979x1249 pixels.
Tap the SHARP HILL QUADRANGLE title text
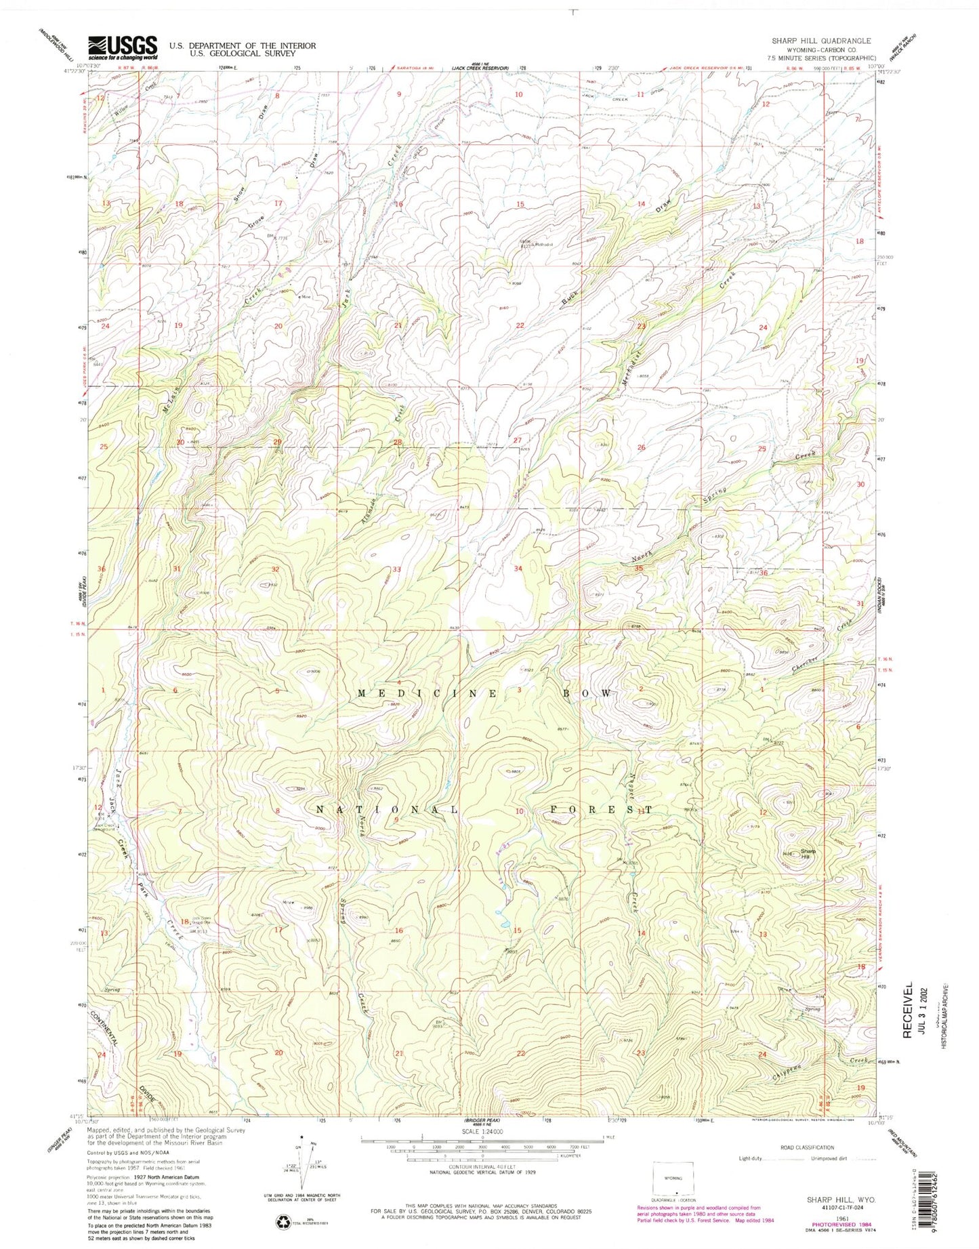(x=821, y=41)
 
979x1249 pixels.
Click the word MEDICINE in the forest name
(x=400, y=693)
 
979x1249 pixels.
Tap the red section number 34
(x=518, y=569)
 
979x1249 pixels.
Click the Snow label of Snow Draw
(x=238, y=194)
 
